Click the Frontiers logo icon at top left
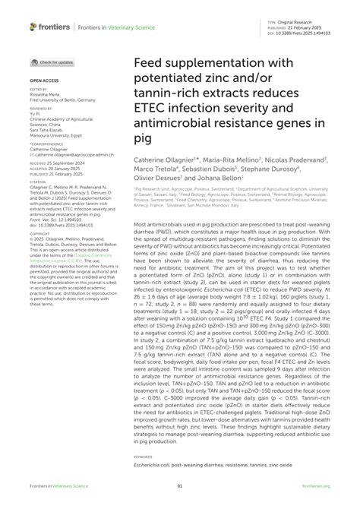pyautogui.click(x=33, y=27)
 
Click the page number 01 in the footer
pyautogui.click(x=180, y=485)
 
